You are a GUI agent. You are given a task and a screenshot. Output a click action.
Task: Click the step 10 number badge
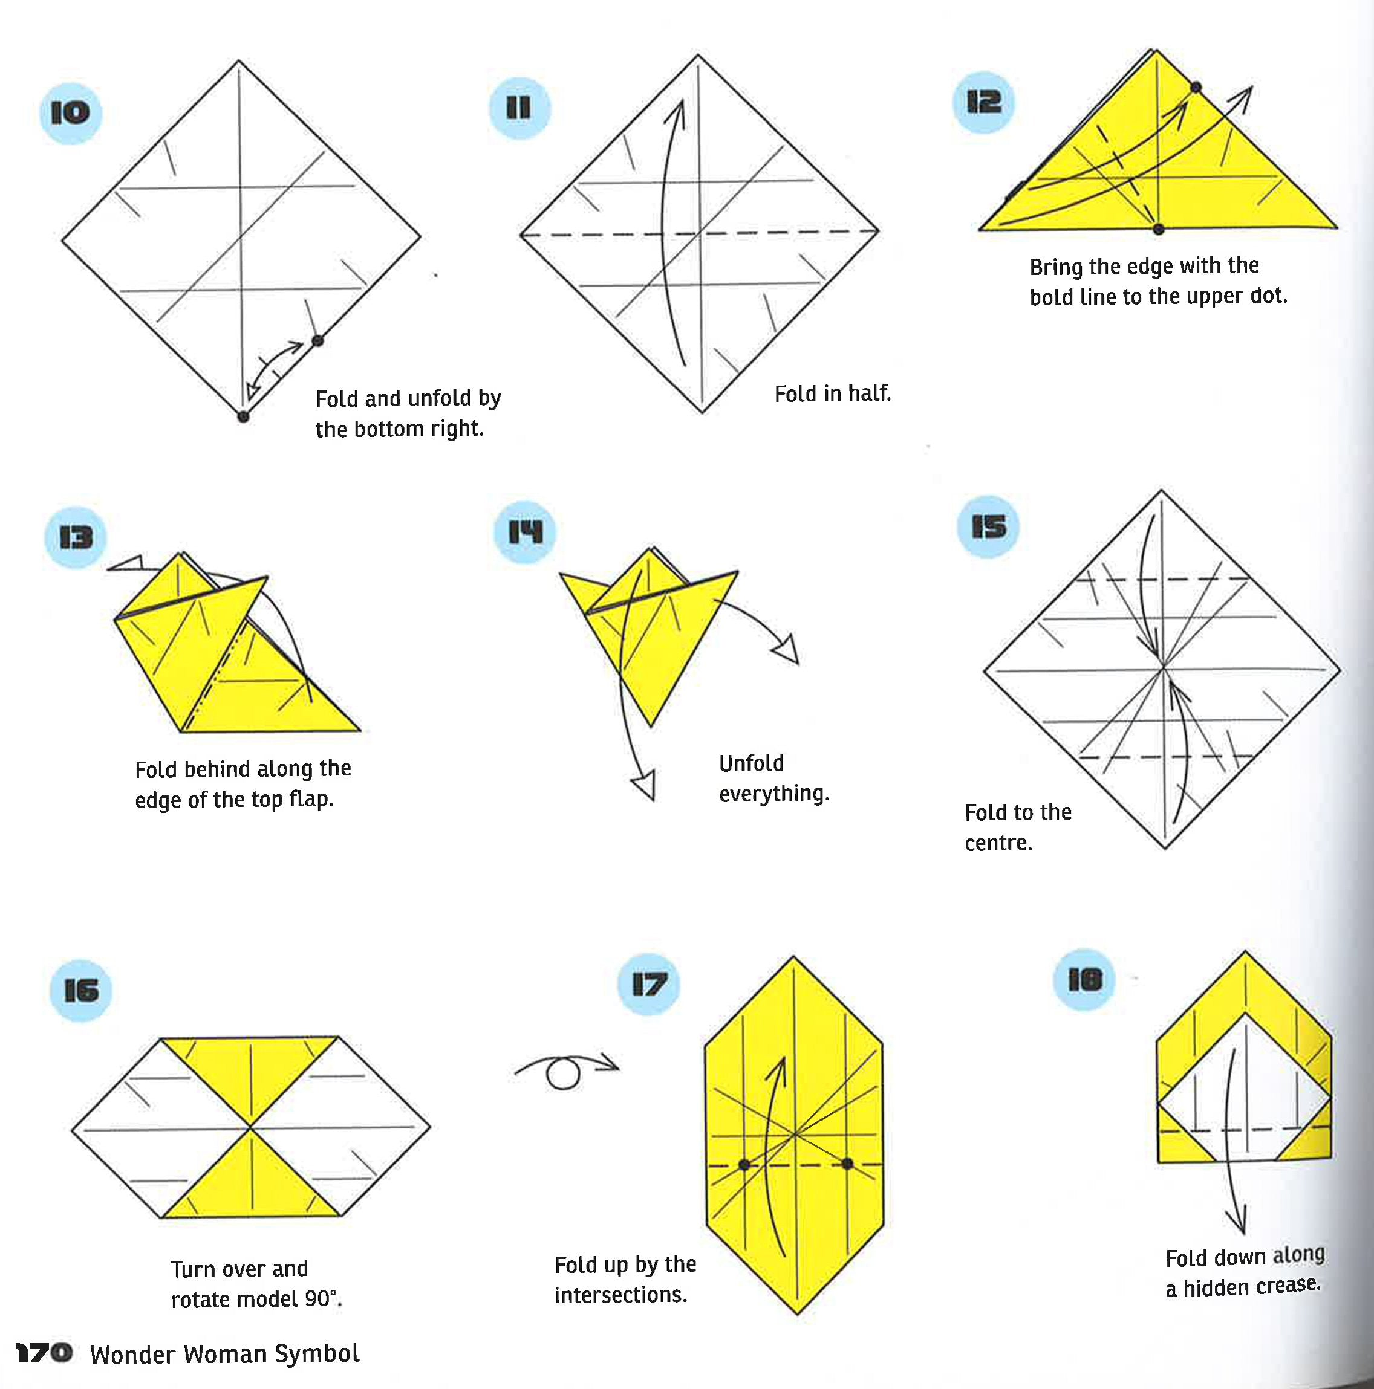[x=71, y=113]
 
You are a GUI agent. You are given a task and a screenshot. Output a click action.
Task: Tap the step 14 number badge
[x=525, y=532]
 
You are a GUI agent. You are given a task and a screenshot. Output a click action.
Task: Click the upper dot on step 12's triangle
[x=1196, y=88]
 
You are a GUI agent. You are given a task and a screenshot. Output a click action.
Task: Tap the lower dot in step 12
[x=1158, y=229]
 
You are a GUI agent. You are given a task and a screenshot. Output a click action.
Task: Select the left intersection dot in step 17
[x=744, y=1164]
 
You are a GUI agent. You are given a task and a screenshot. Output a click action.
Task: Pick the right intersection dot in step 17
[x=847, y=1164]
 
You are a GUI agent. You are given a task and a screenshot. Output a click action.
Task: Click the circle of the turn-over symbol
[x=562, y=1075]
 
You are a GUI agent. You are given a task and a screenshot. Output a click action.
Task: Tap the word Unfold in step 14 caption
[x=751, y=763]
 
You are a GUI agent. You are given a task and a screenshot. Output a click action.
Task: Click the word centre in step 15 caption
[x=998, y=843]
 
